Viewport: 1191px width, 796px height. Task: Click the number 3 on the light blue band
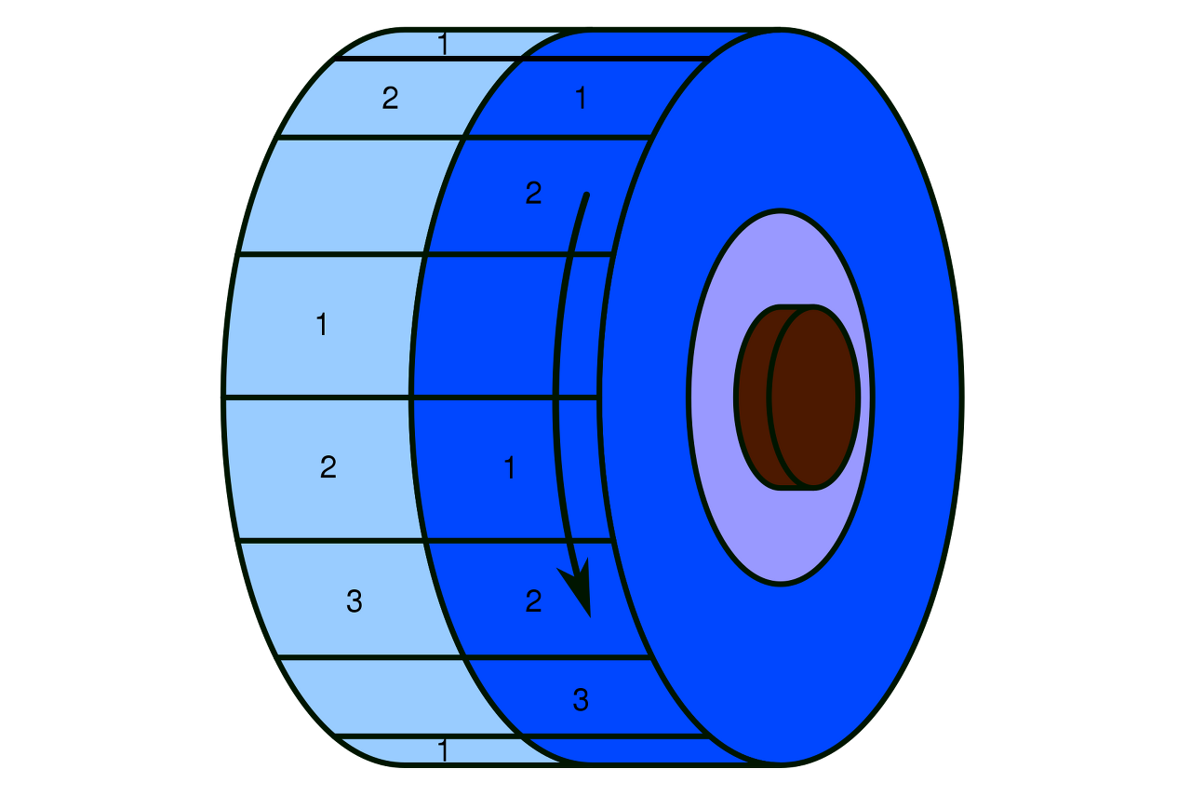pos(354,602)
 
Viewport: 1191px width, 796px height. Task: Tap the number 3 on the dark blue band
pos(581,700)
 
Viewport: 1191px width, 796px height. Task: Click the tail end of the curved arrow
pos(585,196)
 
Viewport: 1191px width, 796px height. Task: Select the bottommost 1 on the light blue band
pos(443,750)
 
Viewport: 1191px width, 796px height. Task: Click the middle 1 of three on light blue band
pos(321,325)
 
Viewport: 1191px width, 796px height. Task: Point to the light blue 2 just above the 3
pos(328,466)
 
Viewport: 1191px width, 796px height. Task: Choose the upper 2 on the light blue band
pos(390,98)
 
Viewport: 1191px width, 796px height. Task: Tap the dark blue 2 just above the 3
pos(533,601)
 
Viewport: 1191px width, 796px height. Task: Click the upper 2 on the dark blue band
pos(533,194)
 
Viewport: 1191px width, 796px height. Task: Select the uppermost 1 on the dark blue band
pos(581,98)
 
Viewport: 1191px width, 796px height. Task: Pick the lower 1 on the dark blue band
pos(509,468)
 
